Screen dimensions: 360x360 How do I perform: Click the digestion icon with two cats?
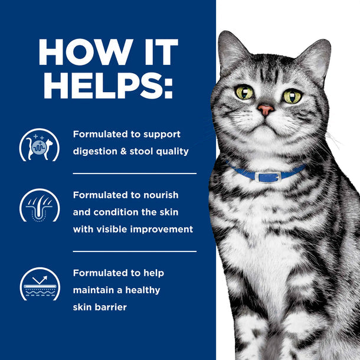pos(40,145)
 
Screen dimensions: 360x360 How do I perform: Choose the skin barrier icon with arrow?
pos(40,284)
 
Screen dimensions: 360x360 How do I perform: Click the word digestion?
pos(95,152)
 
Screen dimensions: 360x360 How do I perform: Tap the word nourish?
pos(161,195)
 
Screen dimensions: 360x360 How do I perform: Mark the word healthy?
pos(143,290)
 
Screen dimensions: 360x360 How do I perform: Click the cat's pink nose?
pos(266,110)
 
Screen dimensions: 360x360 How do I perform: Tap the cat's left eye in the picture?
pos(244,92)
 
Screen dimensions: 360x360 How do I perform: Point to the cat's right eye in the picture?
pos(293,96)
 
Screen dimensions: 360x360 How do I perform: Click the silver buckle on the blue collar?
pos(268,177)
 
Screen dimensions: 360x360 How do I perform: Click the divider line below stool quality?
pos(135,174)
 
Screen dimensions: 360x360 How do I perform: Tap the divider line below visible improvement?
pos(135,251)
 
